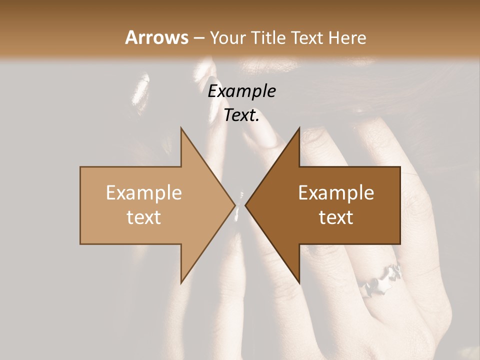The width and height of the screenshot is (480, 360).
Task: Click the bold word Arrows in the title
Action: (156, 37)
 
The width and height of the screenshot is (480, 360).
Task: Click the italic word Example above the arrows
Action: (241, 91)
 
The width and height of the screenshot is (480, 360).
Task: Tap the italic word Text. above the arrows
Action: (241, 115)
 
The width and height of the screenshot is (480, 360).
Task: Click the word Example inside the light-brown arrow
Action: (143, 192)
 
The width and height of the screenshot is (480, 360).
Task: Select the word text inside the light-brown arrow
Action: (143, 217)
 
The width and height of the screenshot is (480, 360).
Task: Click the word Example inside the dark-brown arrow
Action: (336, 192)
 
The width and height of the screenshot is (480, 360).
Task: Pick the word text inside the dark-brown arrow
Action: (336, 217)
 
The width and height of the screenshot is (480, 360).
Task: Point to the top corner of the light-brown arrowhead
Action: (181, 128)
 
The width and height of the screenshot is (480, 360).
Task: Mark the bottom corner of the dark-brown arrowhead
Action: (299, 282)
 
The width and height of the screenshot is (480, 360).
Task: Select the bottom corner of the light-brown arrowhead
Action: (181, 282)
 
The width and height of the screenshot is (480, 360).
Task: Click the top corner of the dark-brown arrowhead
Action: (299, 128)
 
